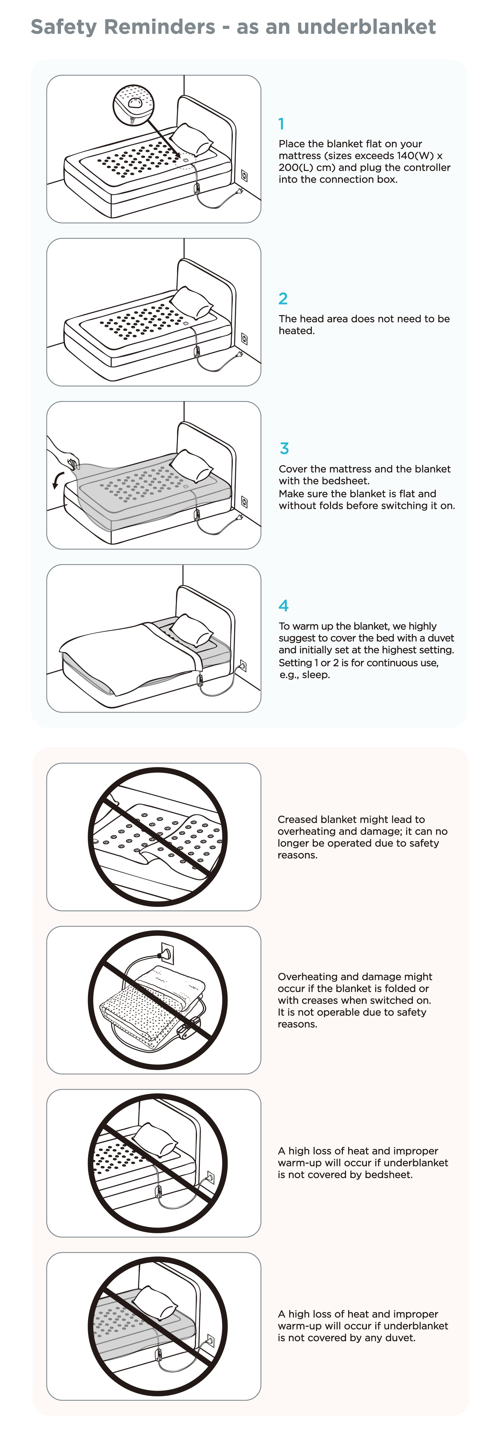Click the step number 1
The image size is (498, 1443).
click(282, 124)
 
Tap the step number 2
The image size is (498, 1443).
click(283, 299)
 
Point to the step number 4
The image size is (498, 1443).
click(284, 606)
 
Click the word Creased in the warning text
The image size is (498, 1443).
click(297, 820)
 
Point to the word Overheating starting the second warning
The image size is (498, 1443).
click(307, 976)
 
